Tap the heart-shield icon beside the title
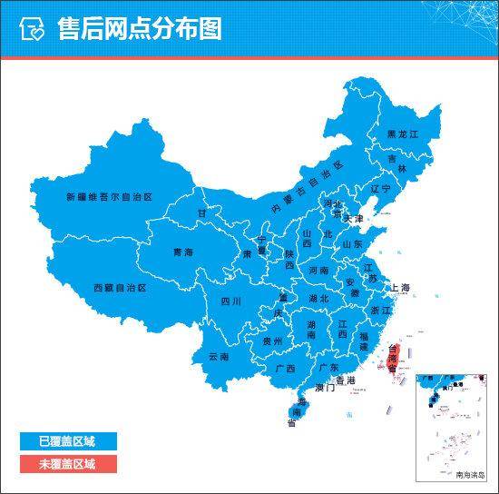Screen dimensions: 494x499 (32, 29)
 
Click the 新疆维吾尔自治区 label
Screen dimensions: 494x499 (106, 196)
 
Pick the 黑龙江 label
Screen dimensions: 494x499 (403, 134)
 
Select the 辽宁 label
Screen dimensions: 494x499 (380, 189)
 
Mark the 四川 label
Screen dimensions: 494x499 (231, 301)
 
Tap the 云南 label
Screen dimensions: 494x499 (220, 358)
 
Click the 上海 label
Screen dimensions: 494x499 (401, 288)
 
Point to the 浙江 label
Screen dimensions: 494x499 (380, 311)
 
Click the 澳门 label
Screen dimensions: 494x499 (325, 389)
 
